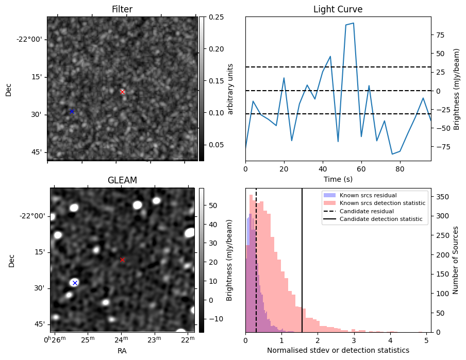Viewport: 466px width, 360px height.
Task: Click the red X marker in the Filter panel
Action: [x=122, y=92]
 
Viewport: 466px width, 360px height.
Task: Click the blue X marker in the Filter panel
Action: [x=72, y=111]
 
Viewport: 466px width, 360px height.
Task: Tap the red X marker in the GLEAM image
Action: [x=122, y=260]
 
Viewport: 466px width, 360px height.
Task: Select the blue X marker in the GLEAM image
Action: [x=75, y=283]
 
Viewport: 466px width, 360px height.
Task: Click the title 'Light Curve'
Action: [x=338, y=9]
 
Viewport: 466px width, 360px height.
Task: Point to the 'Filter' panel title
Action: [x=122, y=9]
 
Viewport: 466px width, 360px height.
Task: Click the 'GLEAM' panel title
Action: [x=122, y=180]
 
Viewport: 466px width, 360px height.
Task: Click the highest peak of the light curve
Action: [x=353, y=23]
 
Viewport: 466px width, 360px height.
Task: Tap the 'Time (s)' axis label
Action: [x=338, y=179]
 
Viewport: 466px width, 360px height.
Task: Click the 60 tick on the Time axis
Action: [x=361, y=169]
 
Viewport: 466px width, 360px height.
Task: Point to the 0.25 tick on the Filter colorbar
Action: [x=217, y=17]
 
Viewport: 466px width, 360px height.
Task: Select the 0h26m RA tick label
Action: [x=55, y=339]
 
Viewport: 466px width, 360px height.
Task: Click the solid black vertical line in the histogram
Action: [x=302, y=260]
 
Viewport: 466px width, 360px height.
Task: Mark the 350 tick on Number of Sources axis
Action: [x=442, y=197]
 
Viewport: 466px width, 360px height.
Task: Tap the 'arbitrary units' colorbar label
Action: [x=230, y=89]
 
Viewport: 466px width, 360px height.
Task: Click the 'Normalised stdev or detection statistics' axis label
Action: [x=338, y=351]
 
